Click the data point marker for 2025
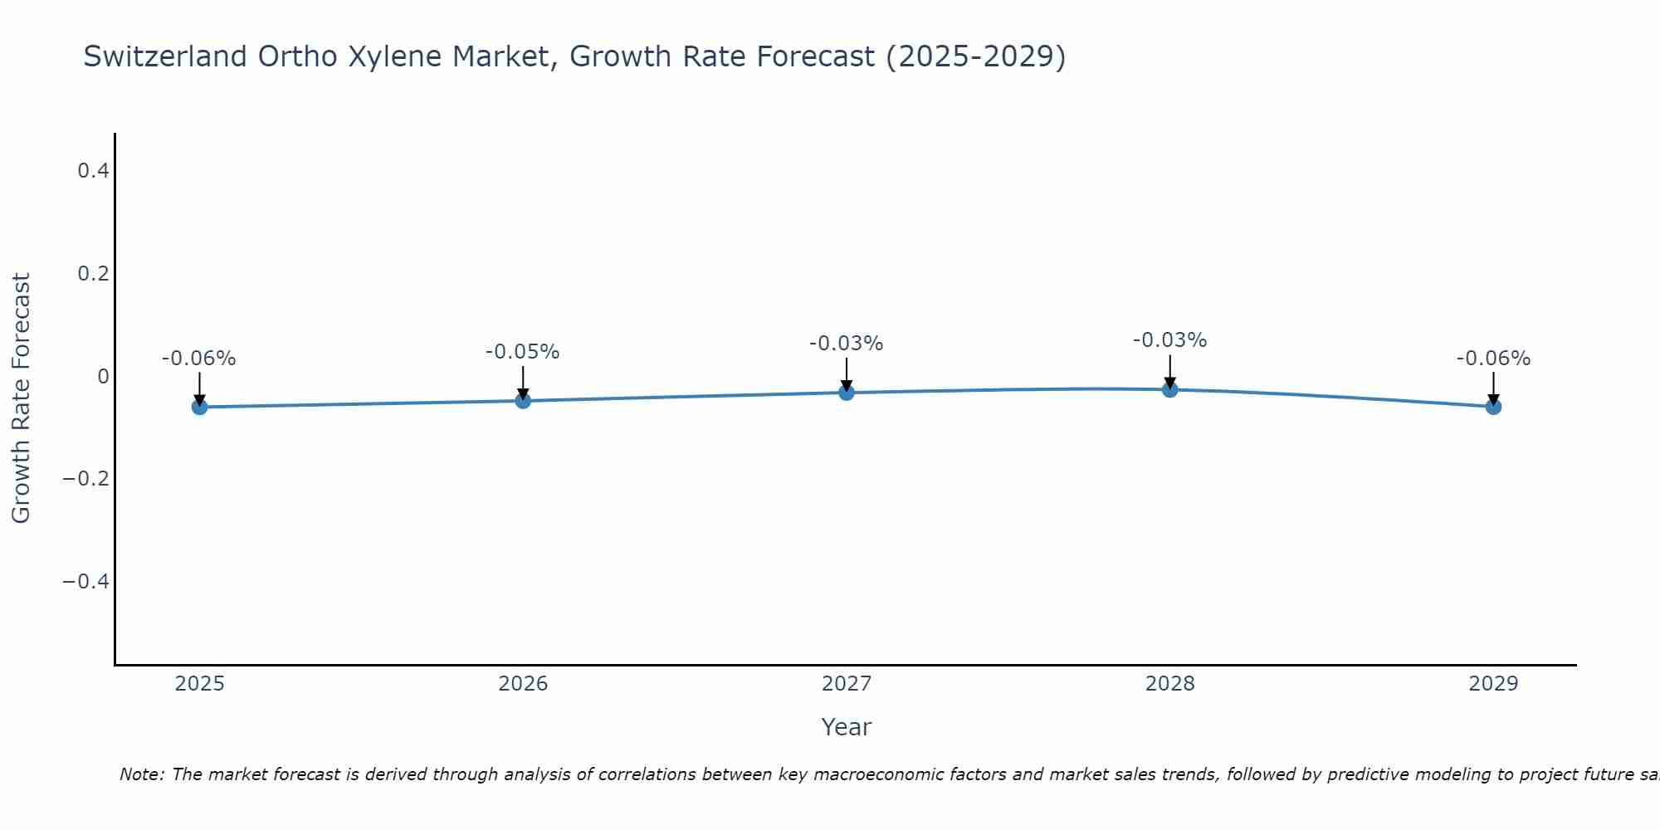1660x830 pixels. (199, 407)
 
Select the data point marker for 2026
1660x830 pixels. (523, 401)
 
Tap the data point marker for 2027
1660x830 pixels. (847, 393)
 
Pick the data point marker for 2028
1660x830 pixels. (1169, 389)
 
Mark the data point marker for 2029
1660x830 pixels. (1493, 407)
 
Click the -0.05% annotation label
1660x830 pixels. (522, 352)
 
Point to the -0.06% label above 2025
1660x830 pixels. (198, 359)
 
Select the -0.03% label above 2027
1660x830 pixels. (846, 344)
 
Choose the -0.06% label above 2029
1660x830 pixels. (1493, 359)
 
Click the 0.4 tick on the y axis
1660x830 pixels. (93, 171)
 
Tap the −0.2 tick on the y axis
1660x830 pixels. (85, 479)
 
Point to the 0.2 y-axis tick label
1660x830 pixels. (93, 273)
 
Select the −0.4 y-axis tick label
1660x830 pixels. (85, 581)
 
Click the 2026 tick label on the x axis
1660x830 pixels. (523, 684)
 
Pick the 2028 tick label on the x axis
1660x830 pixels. (1169, 684)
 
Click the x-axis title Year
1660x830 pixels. (846, 727)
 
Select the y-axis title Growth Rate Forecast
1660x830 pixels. (21, 398)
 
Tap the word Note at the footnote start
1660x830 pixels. (141, 774)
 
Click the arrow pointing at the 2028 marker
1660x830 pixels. (1169, 371)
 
